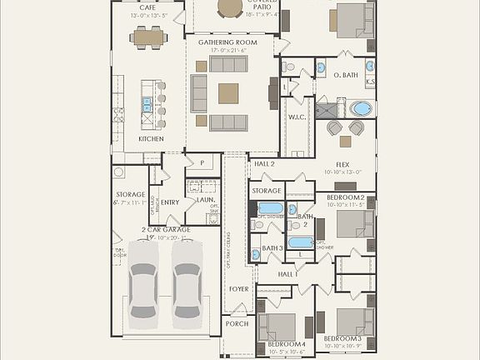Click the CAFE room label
click(x=148, y=7)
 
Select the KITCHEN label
click(x=151, y=138)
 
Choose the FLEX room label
click(x=342, y=164)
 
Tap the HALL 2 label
click(x=264, y=164)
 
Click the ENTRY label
click(x=170, y=202)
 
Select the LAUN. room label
click(x=205, y=200)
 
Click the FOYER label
click(x=239, y=288)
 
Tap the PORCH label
click(x=237, y=324)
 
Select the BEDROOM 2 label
click(x=345, y=197)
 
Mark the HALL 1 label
click(x=287, y=273)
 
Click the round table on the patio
click(x=231, y=7)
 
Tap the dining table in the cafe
click(x=148, y=37)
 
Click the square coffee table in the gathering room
click(x=228, y=92)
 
